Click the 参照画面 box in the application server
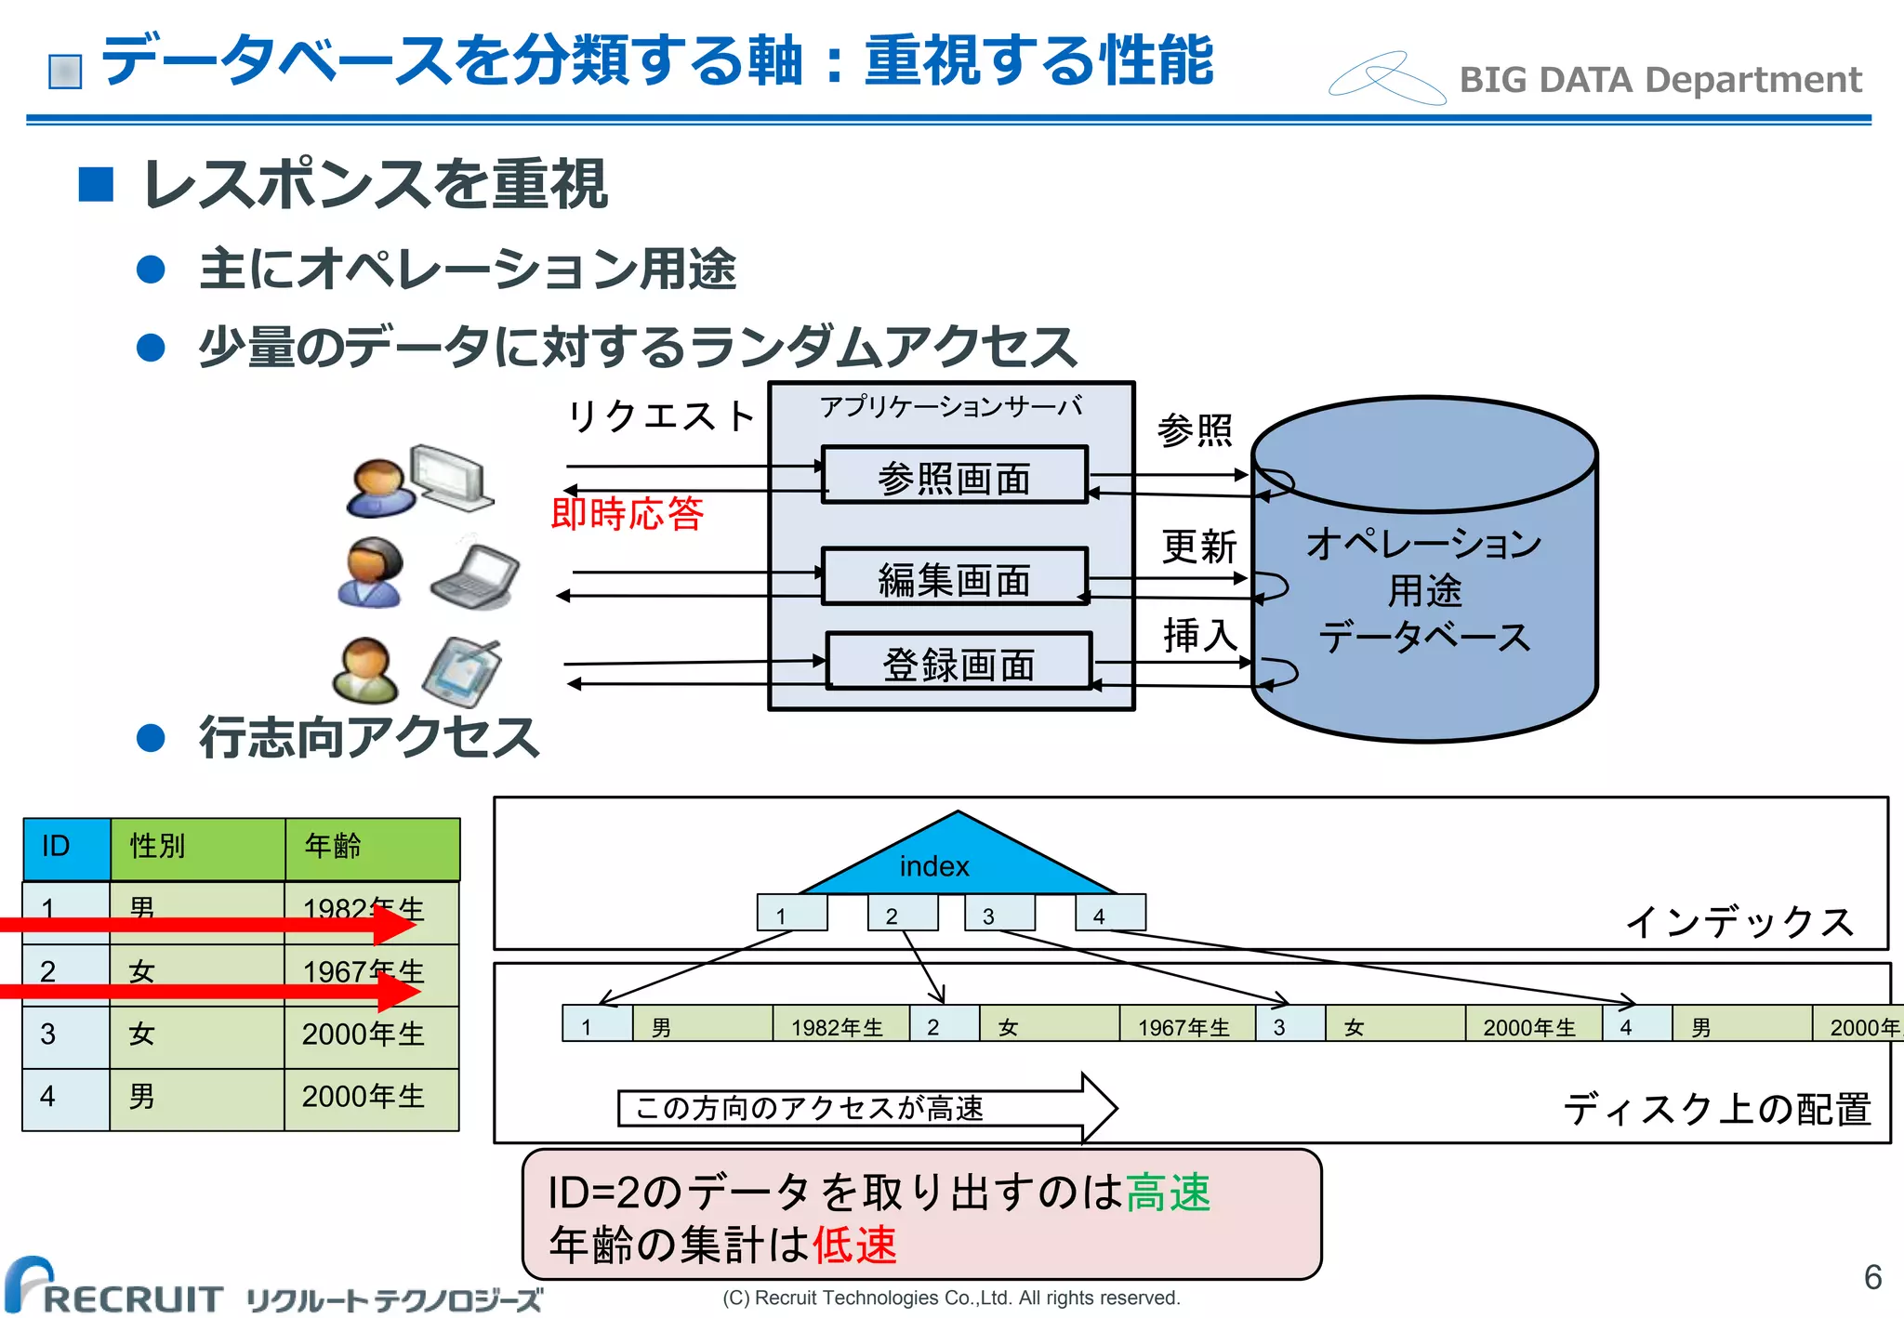(x=954, y=476)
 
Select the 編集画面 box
(x=954, y=577)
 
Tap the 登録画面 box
(x=958, y=662)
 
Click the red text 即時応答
(x=628, y=513)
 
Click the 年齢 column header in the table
(x=372, y=848)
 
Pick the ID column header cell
(x=66, y=848)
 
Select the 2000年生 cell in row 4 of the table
(x=371, y=1098)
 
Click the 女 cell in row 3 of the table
(x=196, y=1035)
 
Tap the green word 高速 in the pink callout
(x=1169, y=1193)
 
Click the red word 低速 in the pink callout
(x=855, y=1246)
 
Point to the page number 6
(x=1872, y=1277)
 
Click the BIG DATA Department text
(x=1660, y=80)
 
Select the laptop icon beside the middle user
(x=474, y=576)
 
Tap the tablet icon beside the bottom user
(x=462, y=671)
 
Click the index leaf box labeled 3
(x=999, y=914)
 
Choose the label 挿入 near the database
(x=1199, y=635)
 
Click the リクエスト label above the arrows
(x=661, y=415)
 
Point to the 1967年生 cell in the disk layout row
(x=1186, y=1025)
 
